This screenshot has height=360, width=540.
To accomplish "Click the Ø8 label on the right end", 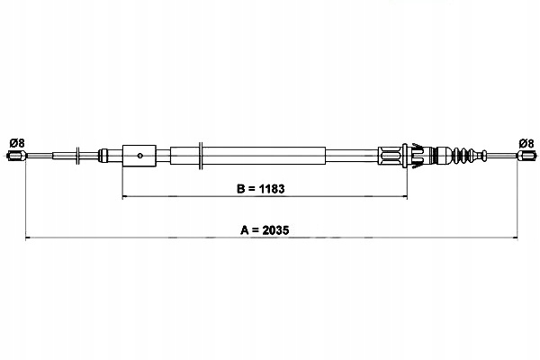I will tap(526, 143).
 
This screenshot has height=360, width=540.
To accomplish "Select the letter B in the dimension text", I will tap(241, 190).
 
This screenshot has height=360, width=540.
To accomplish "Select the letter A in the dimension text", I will tap(246, 229).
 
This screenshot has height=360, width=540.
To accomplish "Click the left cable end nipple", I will tap(15, 157).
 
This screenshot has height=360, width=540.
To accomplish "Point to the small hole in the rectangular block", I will tap(140, 157).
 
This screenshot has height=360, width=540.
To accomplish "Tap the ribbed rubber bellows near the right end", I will tap(467, 157).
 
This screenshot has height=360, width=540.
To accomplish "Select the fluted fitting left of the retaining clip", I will tap(393, 157).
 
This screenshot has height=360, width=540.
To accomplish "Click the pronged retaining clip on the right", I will tap(415, 157).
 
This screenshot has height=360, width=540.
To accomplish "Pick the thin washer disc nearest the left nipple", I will tap(79, 157).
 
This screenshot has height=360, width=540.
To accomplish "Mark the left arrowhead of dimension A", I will tap(28, 238).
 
